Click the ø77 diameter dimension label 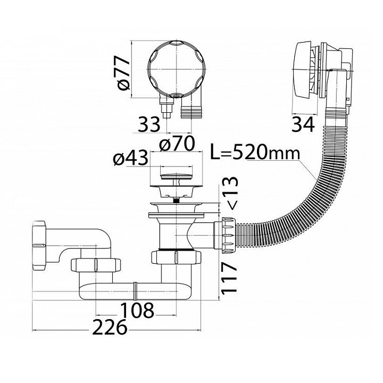[123, 73]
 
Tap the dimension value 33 [149, 124]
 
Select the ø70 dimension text [177, 144]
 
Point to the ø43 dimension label [131, 158]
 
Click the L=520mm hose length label [255, 153]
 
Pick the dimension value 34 [303, 124]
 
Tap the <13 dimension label [229, 193]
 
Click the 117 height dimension [229, 278]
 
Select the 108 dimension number [137, 311]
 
